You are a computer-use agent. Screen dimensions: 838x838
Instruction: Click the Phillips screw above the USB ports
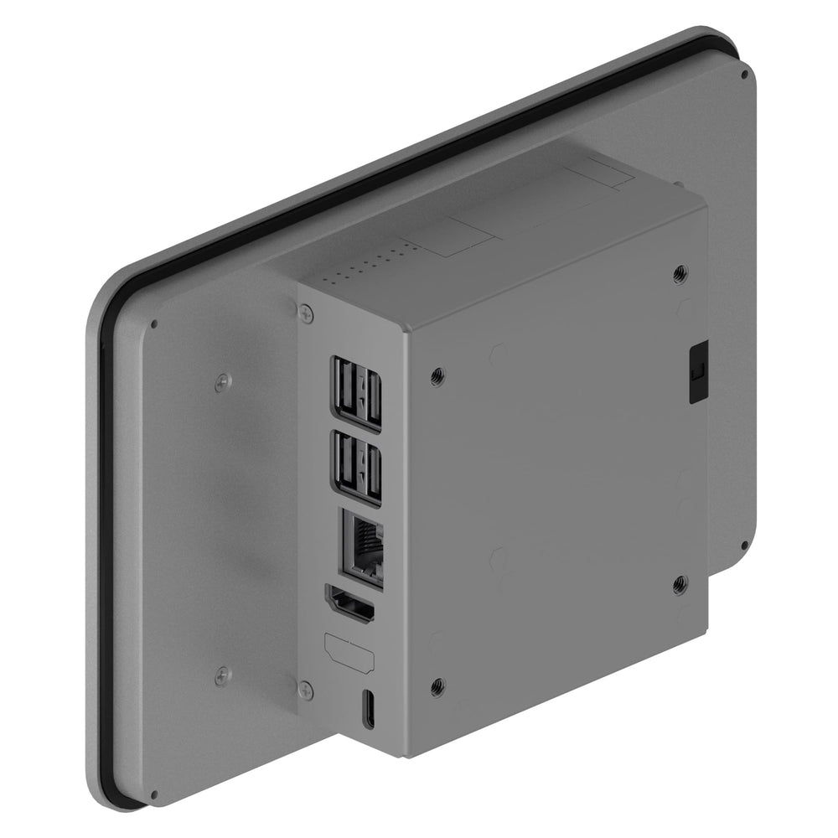pyautogui.click(x=305, y=313)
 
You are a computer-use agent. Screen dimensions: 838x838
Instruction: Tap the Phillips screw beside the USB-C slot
pyautogui.click(x=306, y=691)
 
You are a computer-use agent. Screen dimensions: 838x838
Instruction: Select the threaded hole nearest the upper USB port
pyautogui.click(x=437, y=377)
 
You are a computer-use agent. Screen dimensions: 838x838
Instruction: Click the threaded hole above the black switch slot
pyautogui.click(x=680, y=272)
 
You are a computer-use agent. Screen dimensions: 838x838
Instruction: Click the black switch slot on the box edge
pyautogui.click(x=696, y=371)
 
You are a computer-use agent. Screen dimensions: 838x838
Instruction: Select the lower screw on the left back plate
pyautogui.click(x=221, y=675)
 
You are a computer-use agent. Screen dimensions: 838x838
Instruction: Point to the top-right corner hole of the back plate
pyautogui.click(x=744, y=74)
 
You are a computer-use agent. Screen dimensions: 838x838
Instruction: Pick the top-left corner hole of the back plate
pyautogui.click(x=153, y=325)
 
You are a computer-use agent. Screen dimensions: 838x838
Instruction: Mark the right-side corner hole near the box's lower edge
pyautogui.click(x=744, y=546)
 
